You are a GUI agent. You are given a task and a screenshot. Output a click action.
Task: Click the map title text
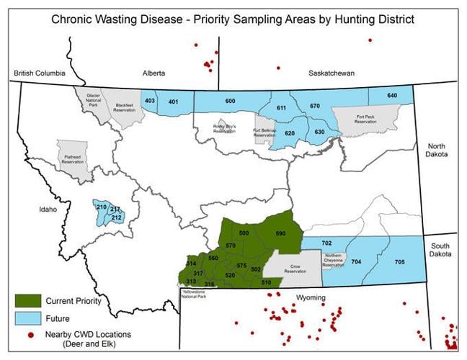click(233, 17)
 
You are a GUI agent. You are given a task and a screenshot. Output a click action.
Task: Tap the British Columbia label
click(40, 73)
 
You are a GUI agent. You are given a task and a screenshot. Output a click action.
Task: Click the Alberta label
click(154, 73)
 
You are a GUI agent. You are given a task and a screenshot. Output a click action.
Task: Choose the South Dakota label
click(440, 249)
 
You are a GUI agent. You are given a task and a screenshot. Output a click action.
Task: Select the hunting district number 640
click(392, 96)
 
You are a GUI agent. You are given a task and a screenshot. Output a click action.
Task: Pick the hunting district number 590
click(280, 234)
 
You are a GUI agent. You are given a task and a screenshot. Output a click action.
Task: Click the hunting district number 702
click(326, 243)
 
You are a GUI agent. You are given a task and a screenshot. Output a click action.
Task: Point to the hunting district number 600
click(231, 102)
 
